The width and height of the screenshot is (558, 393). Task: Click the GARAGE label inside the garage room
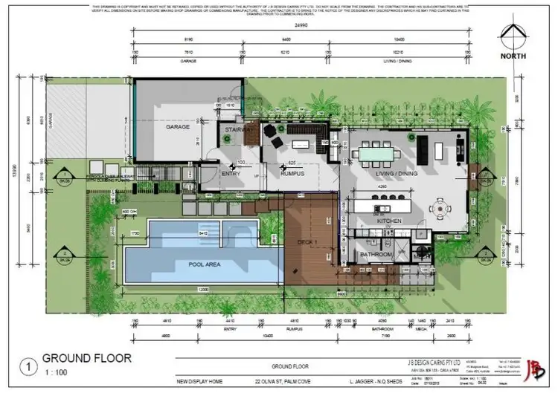tap(178, 127)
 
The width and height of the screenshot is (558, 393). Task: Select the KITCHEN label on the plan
tap(389, 221)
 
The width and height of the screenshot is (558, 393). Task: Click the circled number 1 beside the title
tap(28, 365)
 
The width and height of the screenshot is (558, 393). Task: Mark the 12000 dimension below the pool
tap(196, 288)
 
